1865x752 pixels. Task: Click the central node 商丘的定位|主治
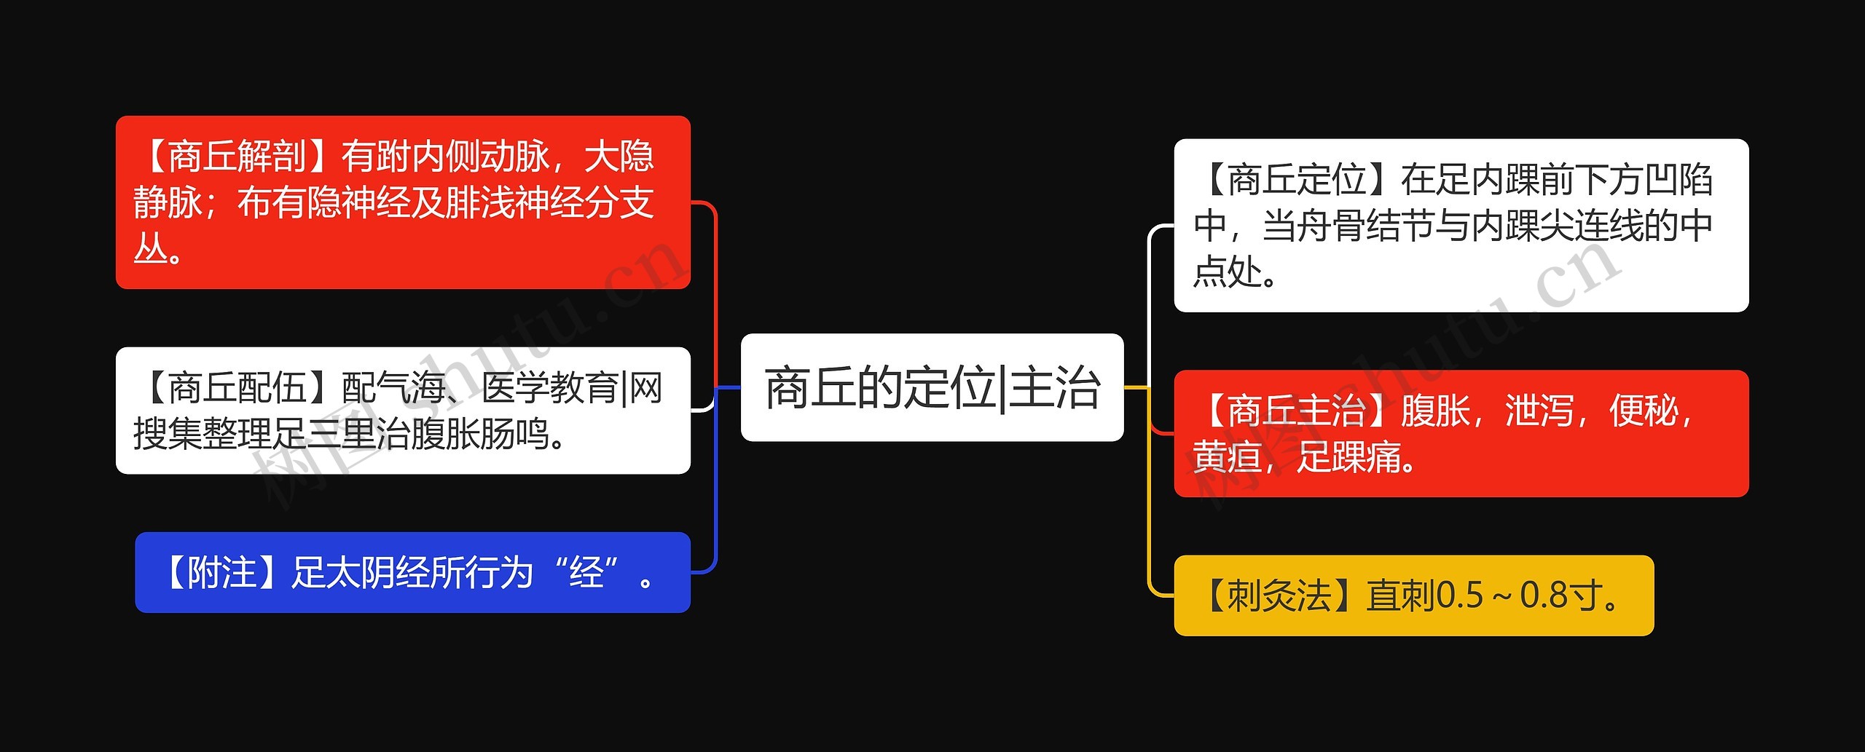coord(932,387)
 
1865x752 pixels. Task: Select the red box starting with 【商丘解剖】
coord(403,202)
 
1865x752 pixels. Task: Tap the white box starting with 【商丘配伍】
coord(403,411)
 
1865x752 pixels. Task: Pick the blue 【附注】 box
coord(412,572)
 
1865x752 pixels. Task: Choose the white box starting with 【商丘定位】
coord(1461,226)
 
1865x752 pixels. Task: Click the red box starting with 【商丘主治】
coord(1461,434)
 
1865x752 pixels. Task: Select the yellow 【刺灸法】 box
coord(1413,595)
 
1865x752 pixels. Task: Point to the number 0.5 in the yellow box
coord(1460,595)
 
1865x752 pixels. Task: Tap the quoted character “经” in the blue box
coord(586,572)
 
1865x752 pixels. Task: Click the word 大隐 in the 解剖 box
coord(619,156)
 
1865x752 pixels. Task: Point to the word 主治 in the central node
coord(1055,387)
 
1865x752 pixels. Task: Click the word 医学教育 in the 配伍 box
coord(550,387)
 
